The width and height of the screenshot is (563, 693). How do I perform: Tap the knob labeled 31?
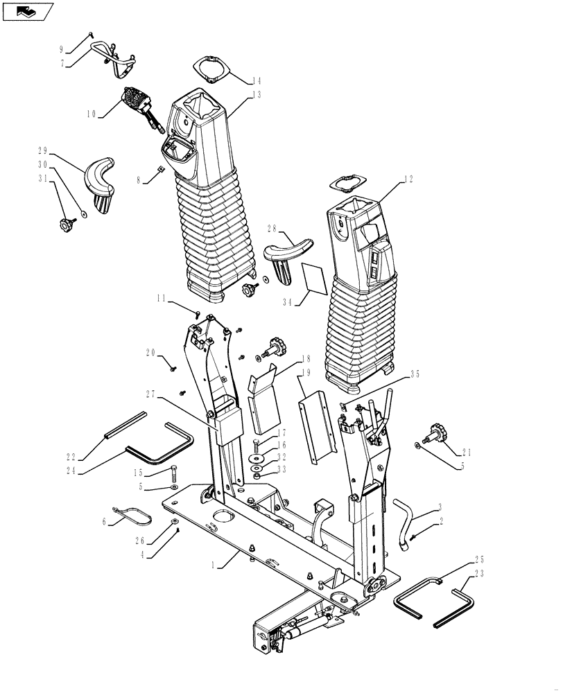pos(66,223)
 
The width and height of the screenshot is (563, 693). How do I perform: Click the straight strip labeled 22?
pos(125,423)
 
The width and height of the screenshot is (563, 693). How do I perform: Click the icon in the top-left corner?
pos(27,11)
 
